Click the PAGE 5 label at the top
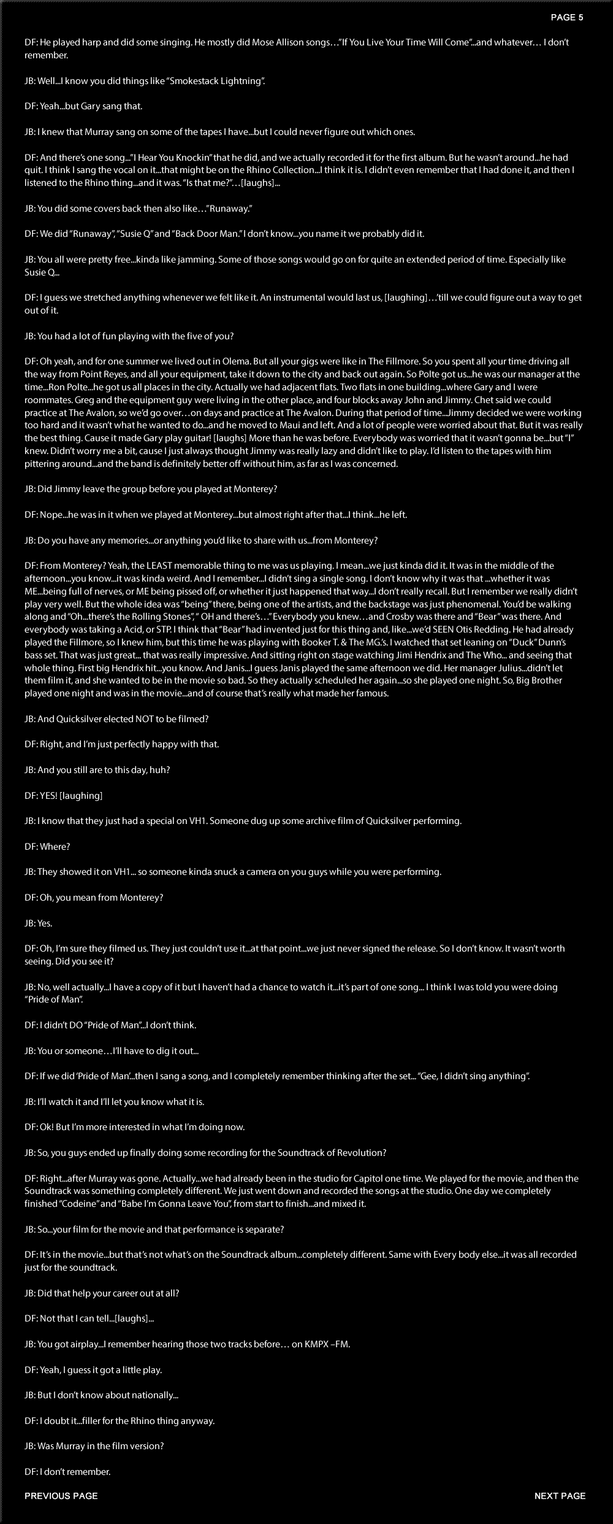click(566, 18)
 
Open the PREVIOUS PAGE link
click(61, 1496)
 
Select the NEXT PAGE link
click(560, 1496)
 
